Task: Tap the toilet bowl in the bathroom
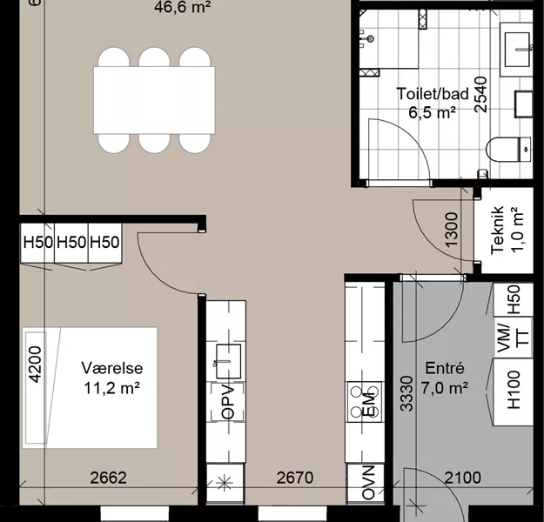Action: click(x=508, y=149)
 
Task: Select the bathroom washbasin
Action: click(x=517, y=50)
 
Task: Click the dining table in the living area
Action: click(x=154, y=100)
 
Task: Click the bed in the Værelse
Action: click(x=90, y=387)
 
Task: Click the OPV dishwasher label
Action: click(x=228, y=402)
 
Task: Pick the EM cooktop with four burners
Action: click(x=365, y=402)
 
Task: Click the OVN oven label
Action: click(x=368, y=483)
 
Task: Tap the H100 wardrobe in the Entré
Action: click(x=514, y=391)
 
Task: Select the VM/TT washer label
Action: click(x=514, y=338)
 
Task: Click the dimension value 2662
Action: click(x=108, y=478)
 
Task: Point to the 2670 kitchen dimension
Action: click(x=295, y=478)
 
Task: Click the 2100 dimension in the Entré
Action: click(x=463, y=478)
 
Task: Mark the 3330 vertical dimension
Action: click(x=406, y=393)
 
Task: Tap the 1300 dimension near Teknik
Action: click(x=451, y=230)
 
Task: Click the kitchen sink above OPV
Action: click(x=228, y=361)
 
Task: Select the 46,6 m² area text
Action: click(x=183, y=7)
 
